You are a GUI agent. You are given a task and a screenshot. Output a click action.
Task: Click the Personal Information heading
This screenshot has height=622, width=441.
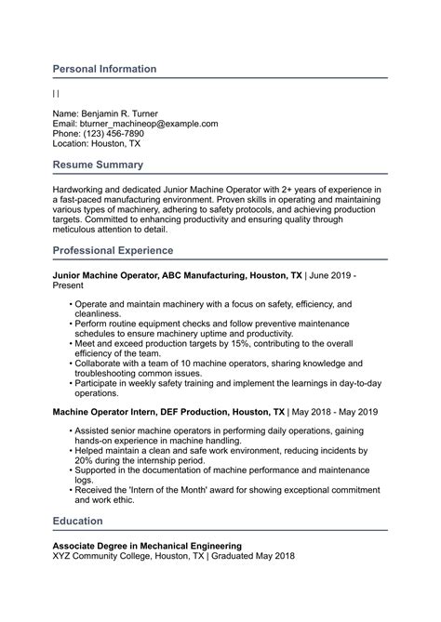(104, 69)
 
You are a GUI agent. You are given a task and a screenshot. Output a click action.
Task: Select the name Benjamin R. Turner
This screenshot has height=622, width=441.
(125, 112)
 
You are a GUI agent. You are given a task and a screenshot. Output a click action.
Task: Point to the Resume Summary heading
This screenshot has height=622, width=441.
(98, 165)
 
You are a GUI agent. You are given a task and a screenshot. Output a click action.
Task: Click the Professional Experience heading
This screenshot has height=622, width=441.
(113, 251)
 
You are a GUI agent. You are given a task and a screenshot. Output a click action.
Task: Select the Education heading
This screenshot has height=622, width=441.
(78, 521)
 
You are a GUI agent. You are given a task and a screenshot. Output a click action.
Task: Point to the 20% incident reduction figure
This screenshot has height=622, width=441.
(85, 459)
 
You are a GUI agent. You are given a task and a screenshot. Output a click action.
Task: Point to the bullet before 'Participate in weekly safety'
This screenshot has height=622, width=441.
(71, 383)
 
